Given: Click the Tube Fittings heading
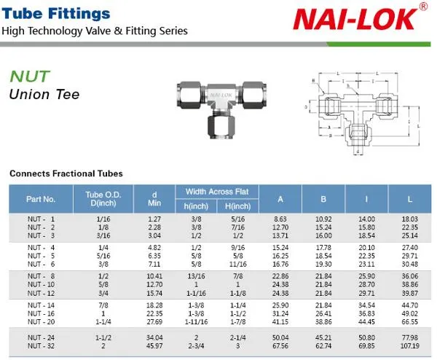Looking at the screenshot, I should click(x=55, y=13).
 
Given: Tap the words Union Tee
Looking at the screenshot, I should click(x=44, y=94).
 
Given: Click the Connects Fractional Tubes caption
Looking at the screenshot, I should click(x=66, y=173).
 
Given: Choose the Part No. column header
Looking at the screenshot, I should click(x=41, y=198).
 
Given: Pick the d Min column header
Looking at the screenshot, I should click(x=154, y=198).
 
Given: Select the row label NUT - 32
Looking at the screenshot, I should click(x=41, y=345).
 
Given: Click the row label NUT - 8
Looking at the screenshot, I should click(x=41, y=277).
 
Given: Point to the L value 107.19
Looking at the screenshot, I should click(x=410, y=345).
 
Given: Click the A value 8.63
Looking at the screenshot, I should click(x=280, y=219).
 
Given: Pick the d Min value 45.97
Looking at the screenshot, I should click(x=154, y=345).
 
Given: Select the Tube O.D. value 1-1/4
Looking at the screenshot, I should click(x=99, y=321).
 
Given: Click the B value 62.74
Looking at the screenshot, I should click(x=323, y=345).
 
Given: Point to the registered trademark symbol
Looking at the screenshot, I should click(x=424, y=7).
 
